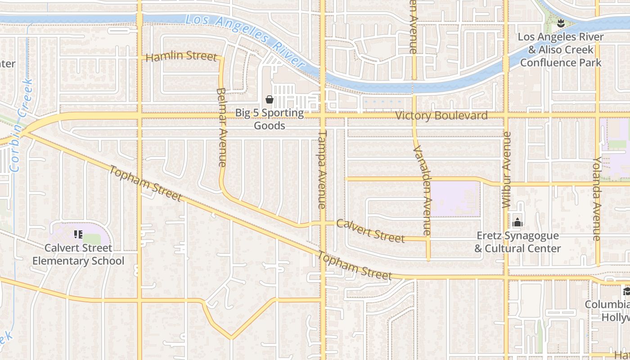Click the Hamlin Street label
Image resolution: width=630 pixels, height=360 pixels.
pyautogui.click(x=181, y=56)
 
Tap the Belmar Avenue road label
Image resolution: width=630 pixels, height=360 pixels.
pyautogui.click(x=221, y=127)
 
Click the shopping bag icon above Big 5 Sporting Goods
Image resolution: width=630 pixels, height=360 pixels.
pyautogui.click(x=270, y=99)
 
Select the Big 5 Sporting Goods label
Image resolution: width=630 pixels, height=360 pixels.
pyautogui.click(x=270, y=119)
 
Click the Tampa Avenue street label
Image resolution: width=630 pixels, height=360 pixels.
pyautogui.click(x=322, y=170)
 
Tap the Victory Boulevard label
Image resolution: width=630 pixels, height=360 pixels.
pyautogui.click(x=441, y=116)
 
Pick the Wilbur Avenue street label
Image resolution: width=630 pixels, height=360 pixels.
pyautogui.click(x=507, y=170)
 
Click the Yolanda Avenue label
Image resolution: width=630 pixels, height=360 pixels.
pyautogui.click(x=597, y=198)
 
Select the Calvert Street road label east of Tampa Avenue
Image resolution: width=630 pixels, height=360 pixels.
pyautogui.click(x=371, y=230)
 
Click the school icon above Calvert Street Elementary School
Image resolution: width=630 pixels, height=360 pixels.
pyautogui.click(x=78, y=234)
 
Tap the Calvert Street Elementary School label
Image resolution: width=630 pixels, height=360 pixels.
pyautogui.click(x=78, y=254)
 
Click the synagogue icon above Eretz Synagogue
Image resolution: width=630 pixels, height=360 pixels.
pyautogui.click(x=517, y=222)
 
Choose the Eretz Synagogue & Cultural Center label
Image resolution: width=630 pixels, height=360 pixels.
pyautogui.click(x=517, y=242)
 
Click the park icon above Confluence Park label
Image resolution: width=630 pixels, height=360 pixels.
pyautogui.click(x=561, y=23)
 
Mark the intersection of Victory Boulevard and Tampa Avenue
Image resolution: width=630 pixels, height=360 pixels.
pyautogui.click(x=323, y=116)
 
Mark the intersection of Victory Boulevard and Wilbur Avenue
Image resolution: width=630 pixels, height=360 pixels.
pyautogui.click(x=506, y=116)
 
